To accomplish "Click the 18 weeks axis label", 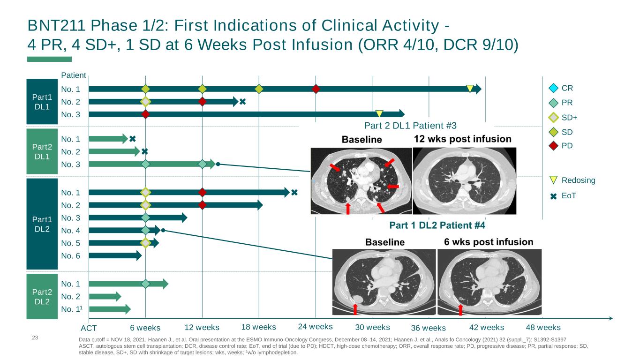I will [x=258, y=327].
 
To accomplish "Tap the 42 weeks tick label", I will [x=487, y=327].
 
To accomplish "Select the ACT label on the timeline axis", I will [x=89, y=328].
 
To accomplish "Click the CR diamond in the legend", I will [x=554, y=88].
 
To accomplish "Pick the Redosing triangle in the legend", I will [x=554, y=180].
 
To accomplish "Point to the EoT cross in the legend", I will [x=554, y=196].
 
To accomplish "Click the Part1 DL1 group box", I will [x=42, y=101].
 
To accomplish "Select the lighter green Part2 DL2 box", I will [x=42, y=295].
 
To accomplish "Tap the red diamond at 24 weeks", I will [x=316, y=89].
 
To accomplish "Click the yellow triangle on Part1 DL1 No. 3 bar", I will [x=379, y=113].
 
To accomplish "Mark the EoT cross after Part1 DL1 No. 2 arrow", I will [x=242, y=101].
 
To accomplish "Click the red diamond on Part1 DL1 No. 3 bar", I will [x=145, y=114].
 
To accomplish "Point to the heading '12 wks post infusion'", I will [x=462, y=139].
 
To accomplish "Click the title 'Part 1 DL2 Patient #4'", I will [x=437, y=225].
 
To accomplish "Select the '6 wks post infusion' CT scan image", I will [x=489, y=281].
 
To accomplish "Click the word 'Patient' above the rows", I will [x=74, y=75].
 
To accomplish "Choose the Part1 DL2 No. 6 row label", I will [x=71, y=255].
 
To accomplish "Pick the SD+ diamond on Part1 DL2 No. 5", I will [x=145, y=243].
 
